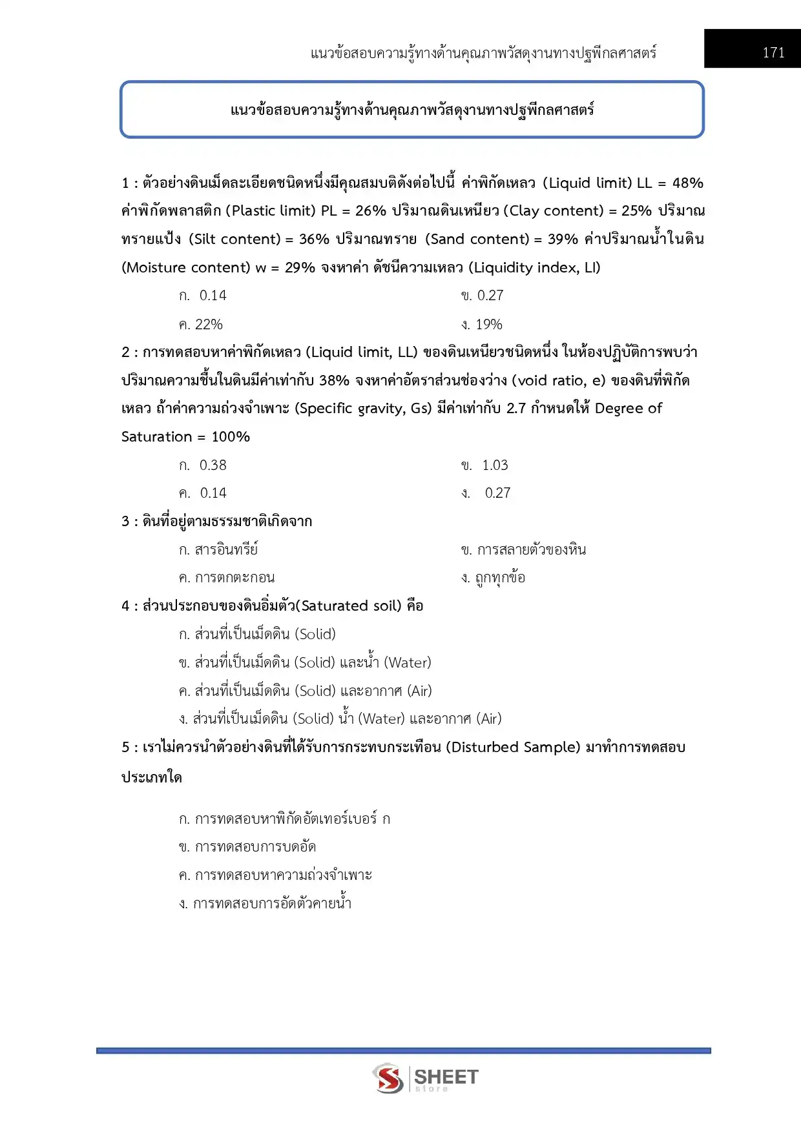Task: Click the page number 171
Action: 773,53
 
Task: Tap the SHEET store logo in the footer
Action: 424,1078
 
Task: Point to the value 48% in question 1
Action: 687,183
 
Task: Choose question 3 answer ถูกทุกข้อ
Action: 494,578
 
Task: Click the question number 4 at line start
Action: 125,606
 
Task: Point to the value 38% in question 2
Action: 334,380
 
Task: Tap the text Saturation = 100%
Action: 185,436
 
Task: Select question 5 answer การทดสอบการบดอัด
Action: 247,846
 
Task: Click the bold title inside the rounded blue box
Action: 412,110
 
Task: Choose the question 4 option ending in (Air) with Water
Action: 340,719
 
